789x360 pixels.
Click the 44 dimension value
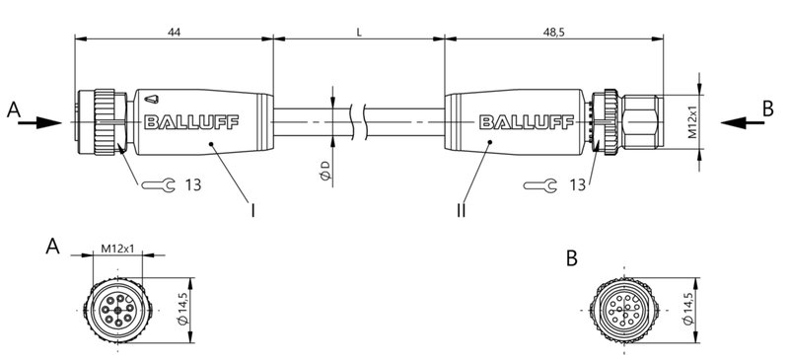tap(174, 32)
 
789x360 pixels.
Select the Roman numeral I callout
tap(253, 210)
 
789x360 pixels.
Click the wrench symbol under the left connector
tap(159, 184)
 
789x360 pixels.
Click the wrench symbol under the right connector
tap(539, 184)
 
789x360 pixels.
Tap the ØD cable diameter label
tap(324, 171)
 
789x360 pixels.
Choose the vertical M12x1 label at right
tap(693, 122)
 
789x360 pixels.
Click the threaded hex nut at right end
tap(642, 122)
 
